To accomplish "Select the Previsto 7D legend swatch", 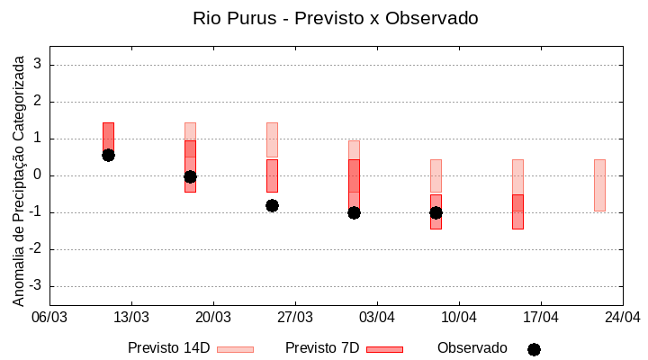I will point(384,349).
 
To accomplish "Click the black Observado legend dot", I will point(534,349).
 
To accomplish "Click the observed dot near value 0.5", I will point(108,155).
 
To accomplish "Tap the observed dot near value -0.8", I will point(272,205).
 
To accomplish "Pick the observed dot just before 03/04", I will point(354,212).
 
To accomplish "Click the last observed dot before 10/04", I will point(436,212).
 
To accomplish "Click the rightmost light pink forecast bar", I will point(599,184).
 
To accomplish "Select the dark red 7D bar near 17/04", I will point(517,211).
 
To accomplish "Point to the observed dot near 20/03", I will point(190,176).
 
